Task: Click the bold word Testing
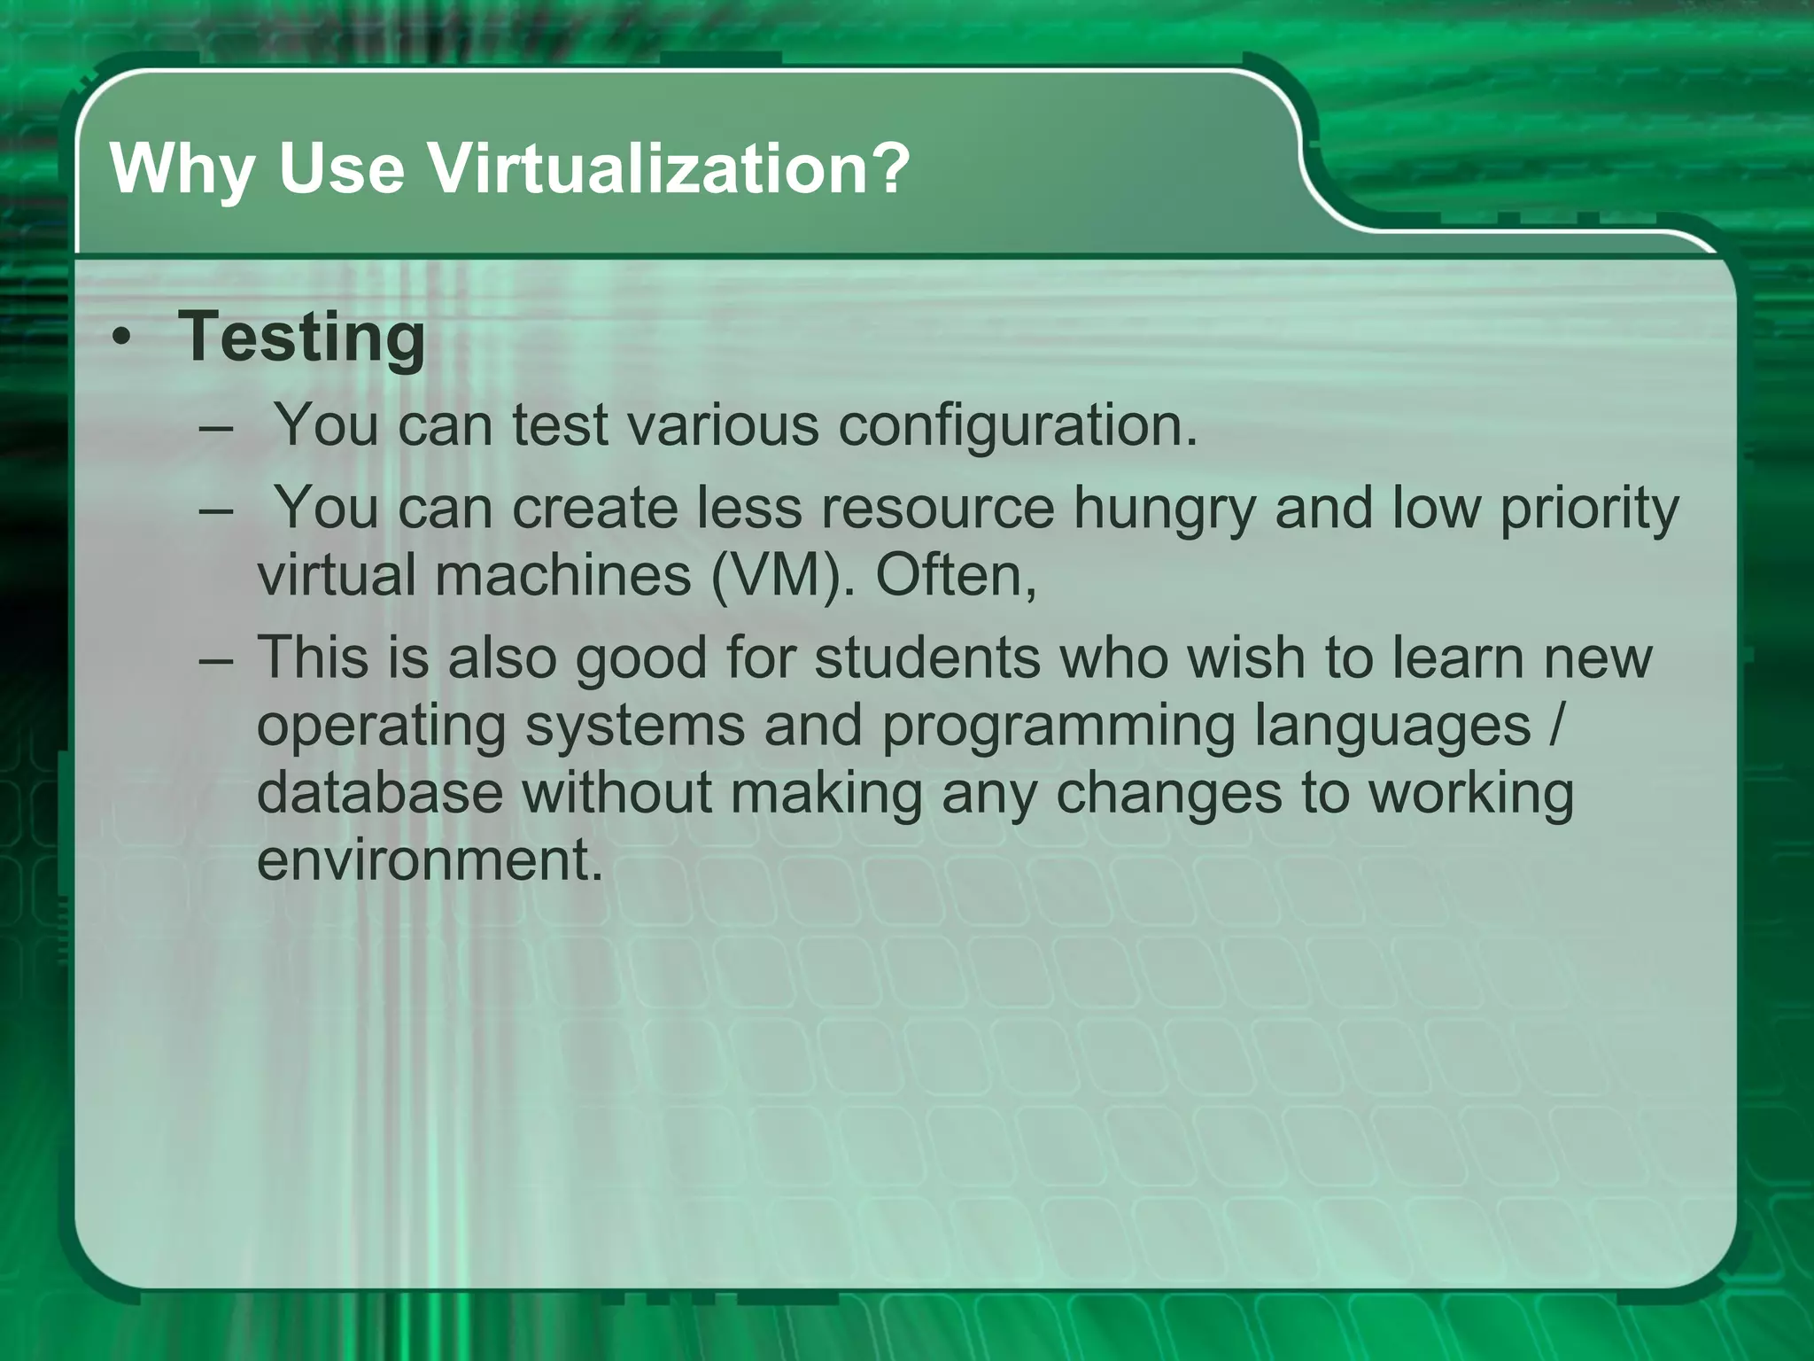tap(302, 338)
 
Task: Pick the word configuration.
tap(1017, 426)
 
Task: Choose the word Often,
tap(956, 576)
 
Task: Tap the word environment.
tap(430, 859)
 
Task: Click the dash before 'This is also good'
tap(216, 659)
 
